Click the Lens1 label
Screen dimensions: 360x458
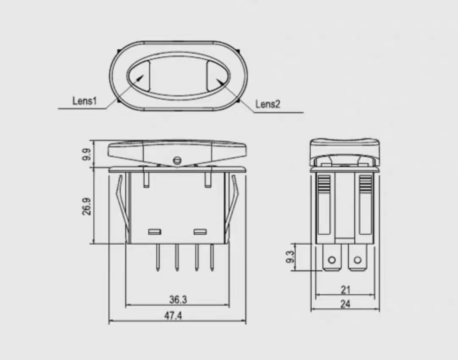85,101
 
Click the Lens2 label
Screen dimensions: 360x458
268,104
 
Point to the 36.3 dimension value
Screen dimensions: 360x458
178,299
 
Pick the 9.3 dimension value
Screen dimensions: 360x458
290,257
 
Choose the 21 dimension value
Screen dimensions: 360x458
346,290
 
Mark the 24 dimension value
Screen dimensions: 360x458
346,304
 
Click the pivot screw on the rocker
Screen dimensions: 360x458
177,160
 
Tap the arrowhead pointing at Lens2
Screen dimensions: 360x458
219,80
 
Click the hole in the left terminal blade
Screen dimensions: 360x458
332,260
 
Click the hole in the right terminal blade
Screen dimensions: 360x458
357,260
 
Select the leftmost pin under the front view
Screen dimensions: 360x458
158,257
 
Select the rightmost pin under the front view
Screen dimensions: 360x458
212,257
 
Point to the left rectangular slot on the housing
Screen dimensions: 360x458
154,232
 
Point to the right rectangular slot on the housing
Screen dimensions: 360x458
199,232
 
